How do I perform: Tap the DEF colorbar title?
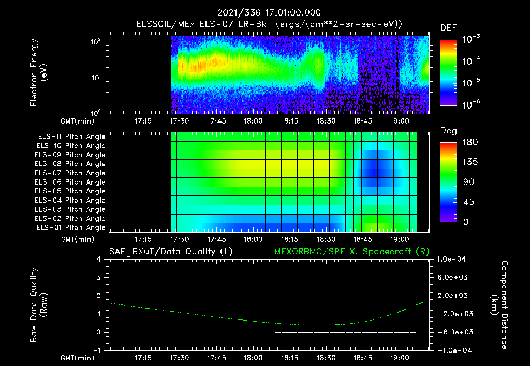448,28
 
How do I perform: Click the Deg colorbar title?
448,131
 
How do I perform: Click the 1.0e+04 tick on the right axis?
454,259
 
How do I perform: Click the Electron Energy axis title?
39,72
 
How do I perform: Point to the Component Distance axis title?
499,304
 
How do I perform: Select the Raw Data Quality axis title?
39,304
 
